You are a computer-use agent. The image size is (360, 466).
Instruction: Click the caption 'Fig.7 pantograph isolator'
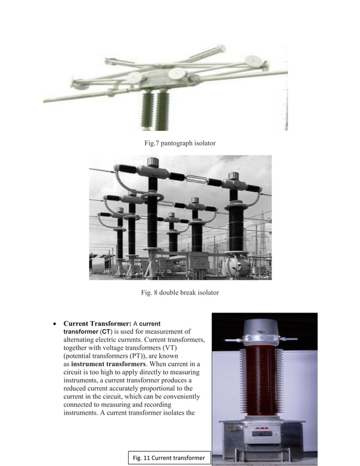[180, 143]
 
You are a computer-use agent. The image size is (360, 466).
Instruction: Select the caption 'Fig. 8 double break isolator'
[179, 292]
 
